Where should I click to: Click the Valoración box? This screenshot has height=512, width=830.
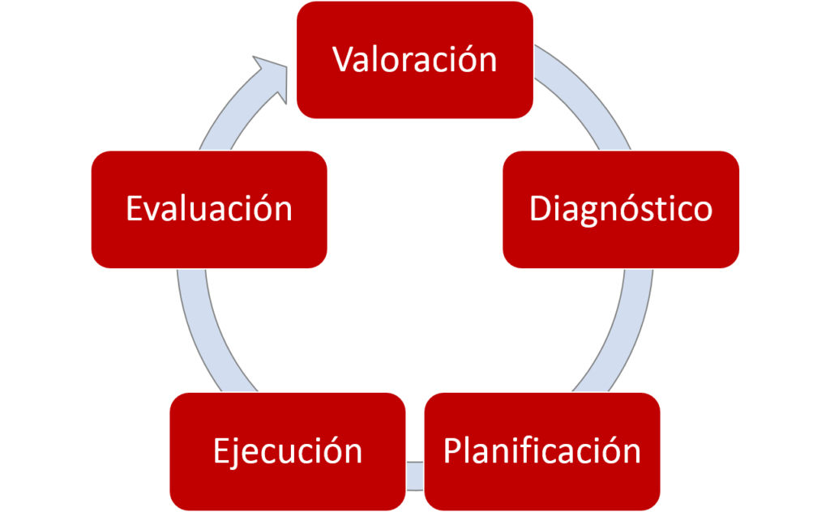pyautogui.click(x=414, y=60)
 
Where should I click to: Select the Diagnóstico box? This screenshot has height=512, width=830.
pyautogui.click(x=620, y=209)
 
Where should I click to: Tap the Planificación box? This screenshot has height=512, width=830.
pyautogui.click(x=541, y=450)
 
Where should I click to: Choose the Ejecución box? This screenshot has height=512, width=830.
pyautogui.click(x=288, y=450)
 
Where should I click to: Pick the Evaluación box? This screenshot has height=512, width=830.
pyautogui.click(x=209, y=209)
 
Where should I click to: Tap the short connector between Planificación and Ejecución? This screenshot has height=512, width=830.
pyautogui.click(x=415, y=475)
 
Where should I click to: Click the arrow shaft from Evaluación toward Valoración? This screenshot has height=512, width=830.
pyautogui.click(x=223, y=122)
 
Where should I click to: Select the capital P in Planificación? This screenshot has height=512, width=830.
pyautogui.click(x=452, y=450)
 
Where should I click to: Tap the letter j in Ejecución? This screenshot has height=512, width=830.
pyautogui.click(x=235, y=452)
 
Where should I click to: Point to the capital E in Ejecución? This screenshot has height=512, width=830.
pyautogui.click(x=221, y=450)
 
